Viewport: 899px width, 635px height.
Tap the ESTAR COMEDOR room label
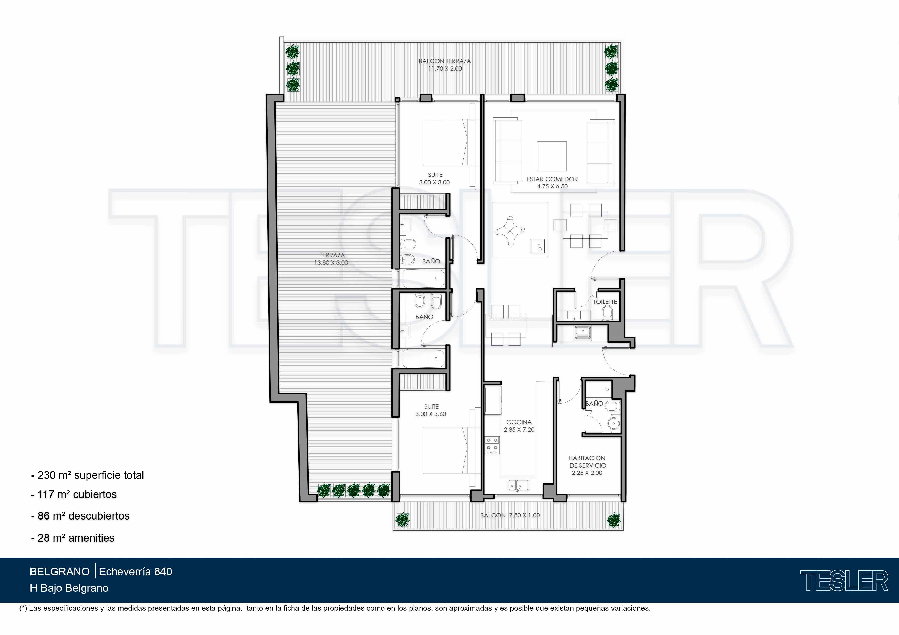552,179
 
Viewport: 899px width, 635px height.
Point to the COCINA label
519,422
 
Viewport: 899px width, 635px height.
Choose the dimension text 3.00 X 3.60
431,414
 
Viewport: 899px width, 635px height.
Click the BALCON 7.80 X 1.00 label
510,515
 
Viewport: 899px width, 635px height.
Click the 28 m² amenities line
73,538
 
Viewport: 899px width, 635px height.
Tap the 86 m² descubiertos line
80,516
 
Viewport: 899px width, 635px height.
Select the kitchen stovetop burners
493,446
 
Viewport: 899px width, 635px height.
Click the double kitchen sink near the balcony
519,485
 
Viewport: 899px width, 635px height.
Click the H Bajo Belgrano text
69,588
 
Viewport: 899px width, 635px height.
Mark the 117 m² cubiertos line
74,494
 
